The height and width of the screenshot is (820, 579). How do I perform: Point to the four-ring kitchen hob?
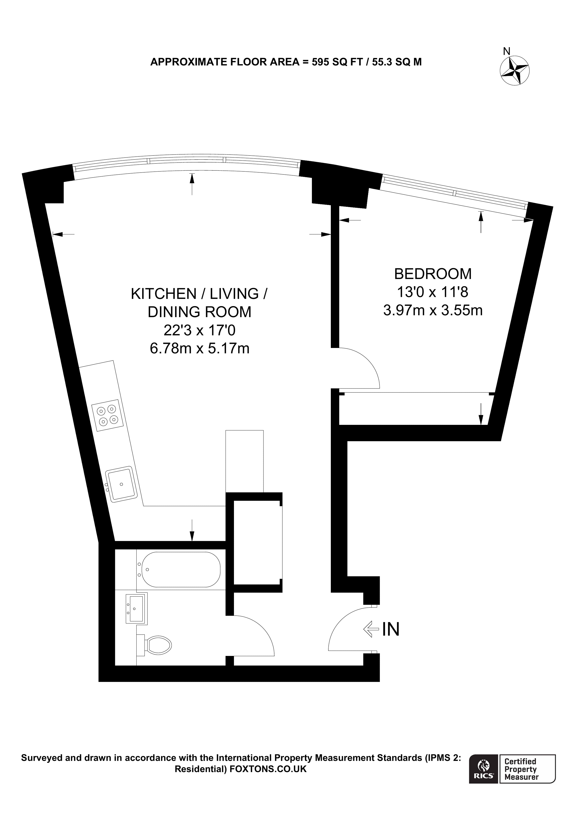[x=107, y=415]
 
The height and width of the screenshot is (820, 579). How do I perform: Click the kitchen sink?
[x=121, y=484]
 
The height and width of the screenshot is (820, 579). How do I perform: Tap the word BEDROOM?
[x=433, y=274]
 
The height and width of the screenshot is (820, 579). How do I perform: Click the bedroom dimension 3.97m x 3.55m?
[x=433, y=310]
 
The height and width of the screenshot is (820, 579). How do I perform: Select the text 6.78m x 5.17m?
[x=199, y=348]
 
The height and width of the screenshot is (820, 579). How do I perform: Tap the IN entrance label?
[x=391, y=629]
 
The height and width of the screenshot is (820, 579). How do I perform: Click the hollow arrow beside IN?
[x=371, y=629]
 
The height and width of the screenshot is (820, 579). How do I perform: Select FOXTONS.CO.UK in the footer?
[x=268, y=769]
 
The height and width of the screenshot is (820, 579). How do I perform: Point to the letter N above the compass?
[x=506, y=51]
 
